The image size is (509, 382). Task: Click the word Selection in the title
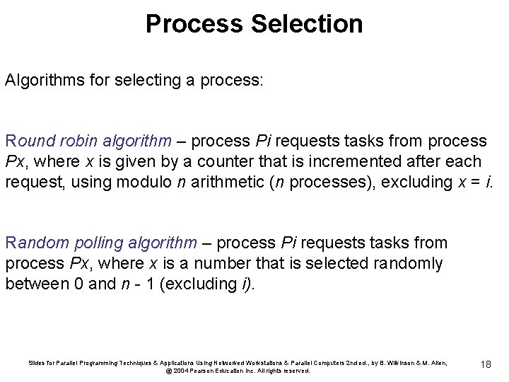306,23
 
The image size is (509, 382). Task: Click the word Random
33,243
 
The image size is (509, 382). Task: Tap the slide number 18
486,364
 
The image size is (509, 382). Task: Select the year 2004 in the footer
179,371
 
